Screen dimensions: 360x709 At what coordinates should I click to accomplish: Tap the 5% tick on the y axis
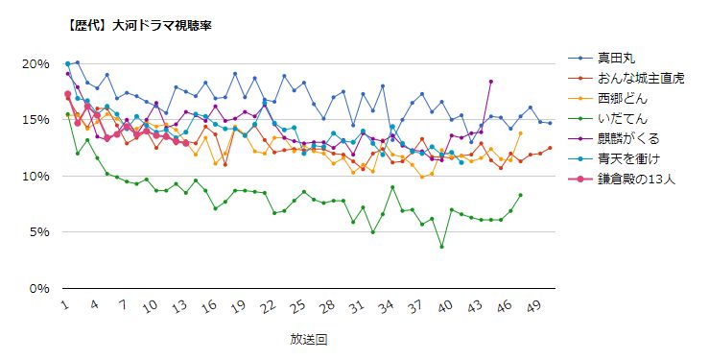[x=38, y=231]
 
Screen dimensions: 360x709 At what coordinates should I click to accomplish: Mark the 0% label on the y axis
[x=38, y=288]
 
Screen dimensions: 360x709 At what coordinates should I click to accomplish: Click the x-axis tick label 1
[x=64, y=305]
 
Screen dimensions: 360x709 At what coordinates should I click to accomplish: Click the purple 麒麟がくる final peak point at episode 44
[x=491, y=82]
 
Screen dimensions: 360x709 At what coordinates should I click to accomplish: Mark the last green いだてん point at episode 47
[x=520, y=195]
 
